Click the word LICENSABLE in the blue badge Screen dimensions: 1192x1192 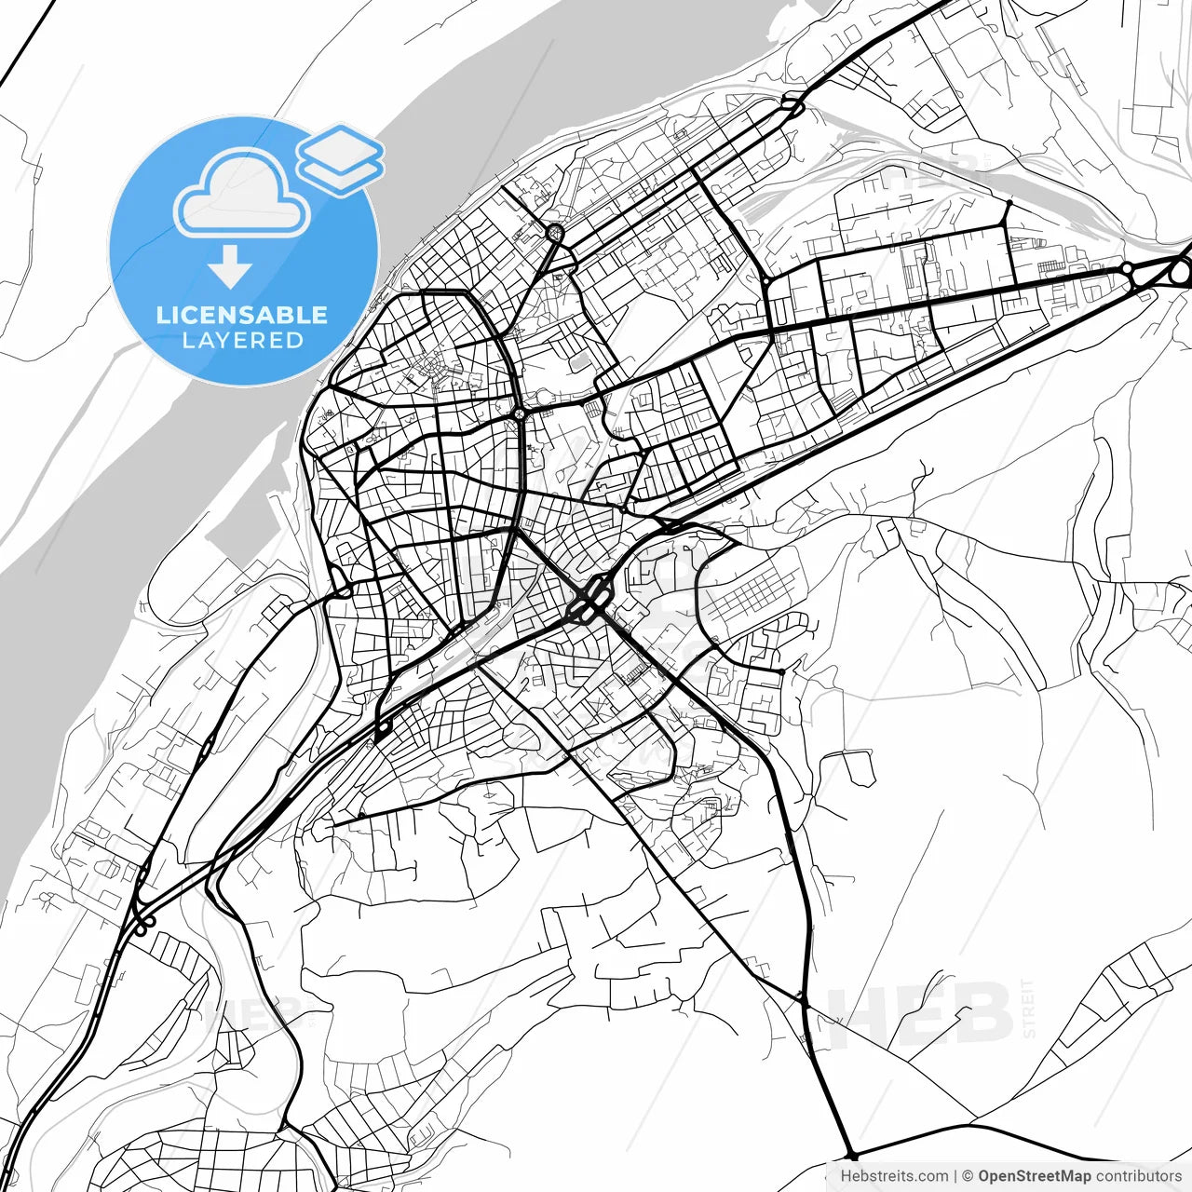click(242, 315)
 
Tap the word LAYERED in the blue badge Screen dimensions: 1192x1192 click(242, 341)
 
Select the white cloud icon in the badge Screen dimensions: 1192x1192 click(242, 194)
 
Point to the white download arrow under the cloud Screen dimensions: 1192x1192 click(230, 266)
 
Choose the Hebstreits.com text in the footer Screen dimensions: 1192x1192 click(894, 1176)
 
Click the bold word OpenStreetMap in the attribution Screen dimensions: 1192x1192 click(1034, 1176)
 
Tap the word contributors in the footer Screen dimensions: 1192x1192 click(1138, 1176)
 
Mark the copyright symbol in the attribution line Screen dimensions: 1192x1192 click(968, 1176)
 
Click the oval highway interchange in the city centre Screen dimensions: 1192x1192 click(589, 601)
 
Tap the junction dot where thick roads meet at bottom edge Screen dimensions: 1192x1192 click(850, 1155)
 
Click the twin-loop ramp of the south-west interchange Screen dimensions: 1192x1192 click(142, 924)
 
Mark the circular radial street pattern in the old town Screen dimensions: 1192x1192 click(439, 371)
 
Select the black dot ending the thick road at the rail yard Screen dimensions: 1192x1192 click(1009, 201)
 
